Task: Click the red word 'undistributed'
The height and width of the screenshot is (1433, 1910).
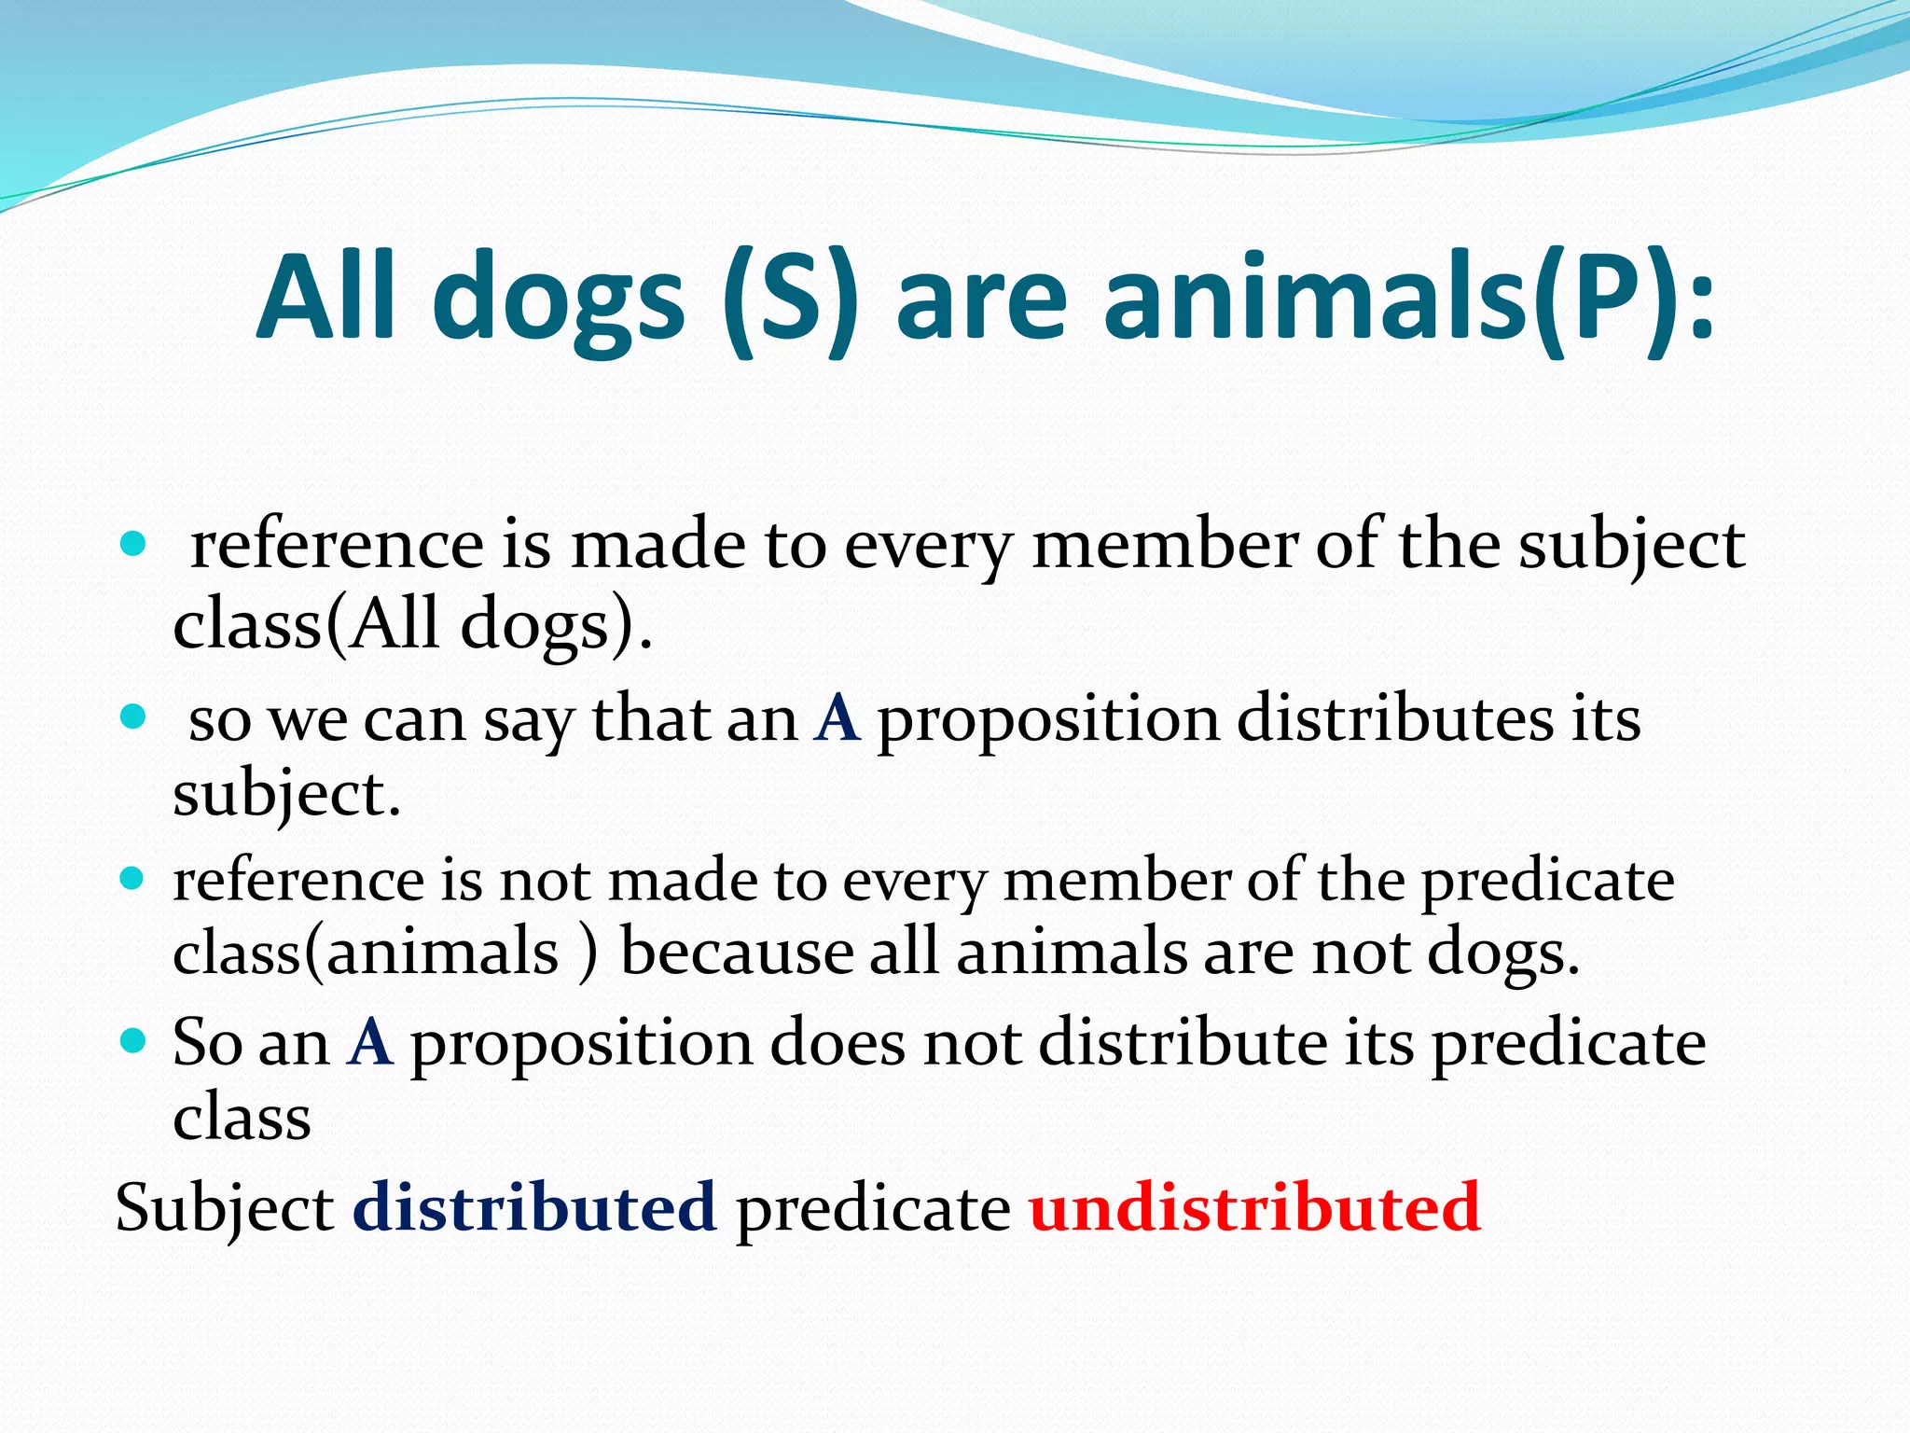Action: pyautogui.click(x=1255, y=1207)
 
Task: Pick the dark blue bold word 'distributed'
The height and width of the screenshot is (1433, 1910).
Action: pyautogui.click(x=534, y=1207)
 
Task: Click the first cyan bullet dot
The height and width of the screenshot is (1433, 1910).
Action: pyautogui.click(x=134, y=544)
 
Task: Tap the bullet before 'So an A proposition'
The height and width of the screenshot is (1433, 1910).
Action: pyautogui.click(x=134, y=1040)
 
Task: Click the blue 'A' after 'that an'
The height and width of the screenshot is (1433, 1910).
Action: pyautogui.click(x=837, y=719)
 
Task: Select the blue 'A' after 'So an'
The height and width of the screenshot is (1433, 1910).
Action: pyautogui.click(x=370, y=1042)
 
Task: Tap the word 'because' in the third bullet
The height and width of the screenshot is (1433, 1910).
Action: pyautogui.click(x=737, y=953)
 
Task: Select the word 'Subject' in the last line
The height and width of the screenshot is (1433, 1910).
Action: pyautogui.click(x=224, y=1209)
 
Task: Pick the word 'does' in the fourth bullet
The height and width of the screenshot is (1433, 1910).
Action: pyautogui.click(x=837, y=1042)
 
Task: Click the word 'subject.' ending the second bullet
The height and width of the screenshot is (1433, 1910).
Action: pyautogui.click(x=286, y=795)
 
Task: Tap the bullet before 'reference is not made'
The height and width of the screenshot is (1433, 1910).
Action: pyautogui.click(x=134, y=878)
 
